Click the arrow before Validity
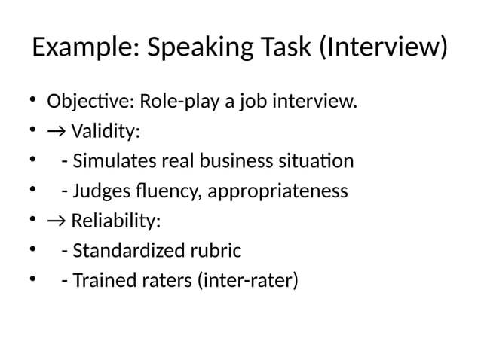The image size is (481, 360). [56, 132]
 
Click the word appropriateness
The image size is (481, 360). [277, 191]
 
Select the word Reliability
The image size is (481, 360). [115, 221]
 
